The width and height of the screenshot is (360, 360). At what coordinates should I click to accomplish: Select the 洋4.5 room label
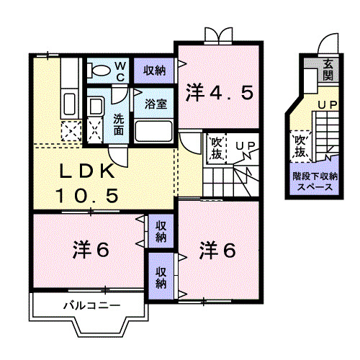pyautogui.click(x=220, y=92)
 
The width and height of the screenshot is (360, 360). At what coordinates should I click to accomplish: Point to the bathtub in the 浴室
pyautogui.click(x=153, y=130)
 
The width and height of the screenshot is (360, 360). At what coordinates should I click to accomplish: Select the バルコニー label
pyautogui.click(x=91, y=306)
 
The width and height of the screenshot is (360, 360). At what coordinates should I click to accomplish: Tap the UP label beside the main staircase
pyautogui.click(x=246, y=147)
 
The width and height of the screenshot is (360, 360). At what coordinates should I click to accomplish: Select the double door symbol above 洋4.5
pyautogui.click(x=219, y=34)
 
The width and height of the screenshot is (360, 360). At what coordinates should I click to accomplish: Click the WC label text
pyautogui.click(x=121, y=71)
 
